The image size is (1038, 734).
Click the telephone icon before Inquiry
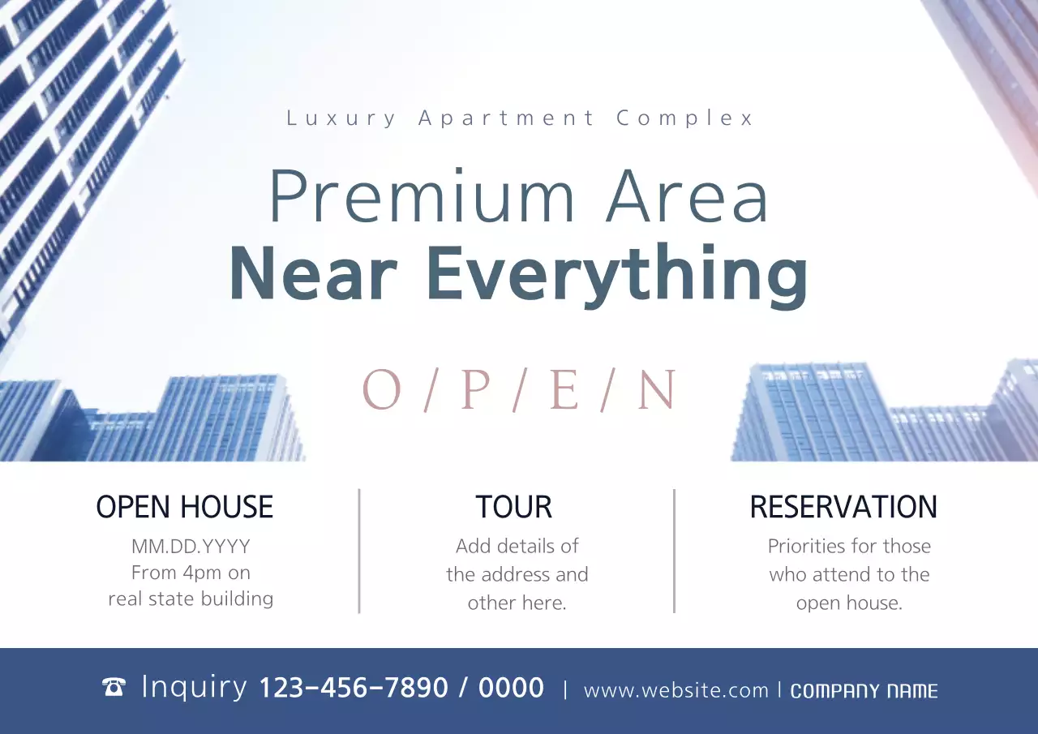[x=114, y=688]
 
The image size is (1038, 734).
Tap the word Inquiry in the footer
[x=195, y=687]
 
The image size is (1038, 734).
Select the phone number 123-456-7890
[x=354, y=688]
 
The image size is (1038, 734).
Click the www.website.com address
[x=676, y=690]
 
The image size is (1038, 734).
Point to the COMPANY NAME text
[x=864, y=691]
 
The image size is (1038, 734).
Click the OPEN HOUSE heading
[x=185, y=507]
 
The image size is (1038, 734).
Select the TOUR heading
[x=513, y=507]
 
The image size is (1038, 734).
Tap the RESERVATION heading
[x=843, y=507]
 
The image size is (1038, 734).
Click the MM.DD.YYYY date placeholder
[x=191, y=546]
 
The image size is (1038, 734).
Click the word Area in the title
[x=687, y=197]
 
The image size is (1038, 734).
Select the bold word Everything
[x=616, y=276]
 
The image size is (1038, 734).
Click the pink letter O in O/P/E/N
[x=381, y=390]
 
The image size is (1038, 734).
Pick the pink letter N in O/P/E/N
[x=656, y=390]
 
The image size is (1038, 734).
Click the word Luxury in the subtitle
[x=341, y=118]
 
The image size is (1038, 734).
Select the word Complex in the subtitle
[x=685, y=118]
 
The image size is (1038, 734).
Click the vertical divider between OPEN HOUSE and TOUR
[x=359, y=551]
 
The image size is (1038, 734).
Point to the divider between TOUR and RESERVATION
[x=674, y=551]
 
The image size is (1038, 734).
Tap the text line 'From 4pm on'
[x=191, y=573]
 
